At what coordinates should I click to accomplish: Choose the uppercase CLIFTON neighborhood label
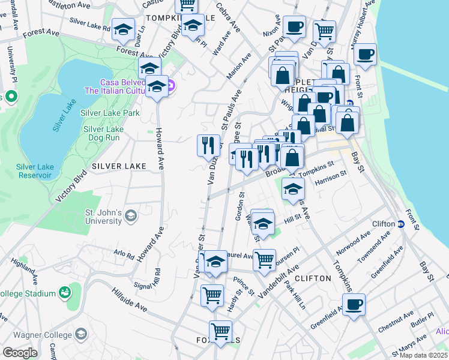click(313, 278)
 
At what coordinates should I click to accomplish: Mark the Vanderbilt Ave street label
click(278, 283)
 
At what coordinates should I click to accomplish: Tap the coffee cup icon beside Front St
click(365, 55)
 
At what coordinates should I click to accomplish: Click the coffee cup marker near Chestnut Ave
click(354, 304)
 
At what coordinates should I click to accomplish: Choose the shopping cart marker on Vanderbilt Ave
click(264, 260)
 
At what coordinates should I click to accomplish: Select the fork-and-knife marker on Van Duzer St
click(208, 145)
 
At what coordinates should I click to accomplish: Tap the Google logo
click(20, 353)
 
